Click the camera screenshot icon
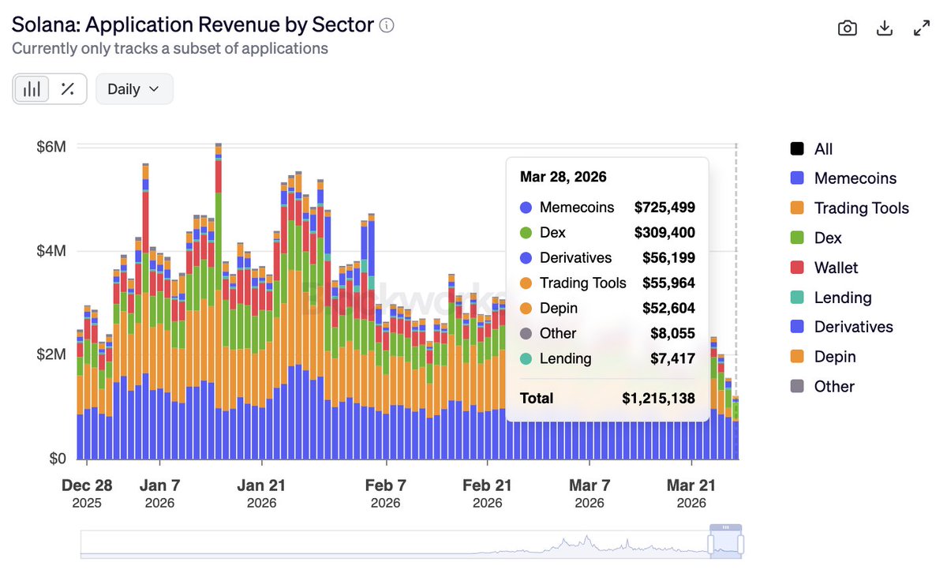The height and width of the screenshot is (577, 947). [847, 28]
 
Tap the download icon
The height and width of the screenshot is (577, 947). [885, 28]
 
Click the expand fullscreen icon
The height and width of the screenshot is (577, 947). [921, 28]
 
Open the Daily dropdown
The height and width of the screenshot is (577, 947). [134, 89]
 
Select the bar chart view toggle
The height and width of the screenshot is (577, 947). [32, 89]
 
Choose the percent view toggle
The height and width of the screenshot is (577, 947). [68, 89]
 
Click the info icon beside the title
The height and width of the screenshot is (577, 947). [387, 25]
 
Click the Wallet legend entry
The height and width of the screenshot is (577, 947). [836, 268]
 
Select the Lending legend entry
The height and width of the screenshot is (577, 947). [842, 298]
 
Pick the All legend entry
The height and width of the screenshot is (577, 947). [823, 149]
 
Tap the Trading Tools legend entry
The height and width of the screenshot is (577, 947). [861, 208]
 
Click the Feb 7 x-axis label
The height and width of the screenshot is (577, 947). [385, 485]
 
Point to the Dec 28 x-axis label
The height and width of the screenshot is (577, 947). [87, 485]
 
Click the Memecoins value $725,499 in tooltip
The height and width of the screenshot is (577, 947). [664, 208]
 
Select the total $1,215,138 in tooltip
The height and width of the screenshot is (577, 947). [658, 398]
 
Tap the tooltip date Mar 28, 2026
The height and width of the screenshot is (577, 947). [563, 177]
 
